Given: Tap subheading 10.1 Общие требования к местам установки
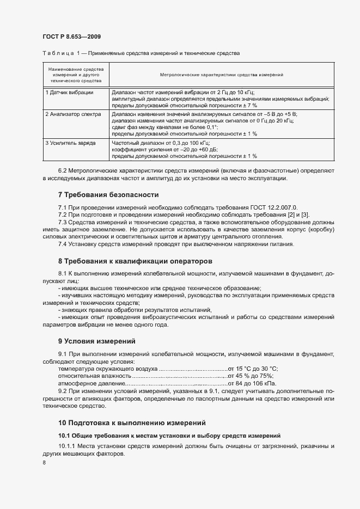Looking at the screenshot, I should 169,436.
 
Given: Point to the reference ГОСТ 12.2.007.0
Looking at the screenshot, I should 272,208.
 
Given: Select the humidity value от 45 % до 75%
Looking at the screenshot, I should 251,376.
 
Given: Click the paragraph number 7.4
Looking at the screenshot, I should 64,244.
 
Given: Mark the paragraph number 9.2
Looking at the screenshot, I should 63,391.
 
